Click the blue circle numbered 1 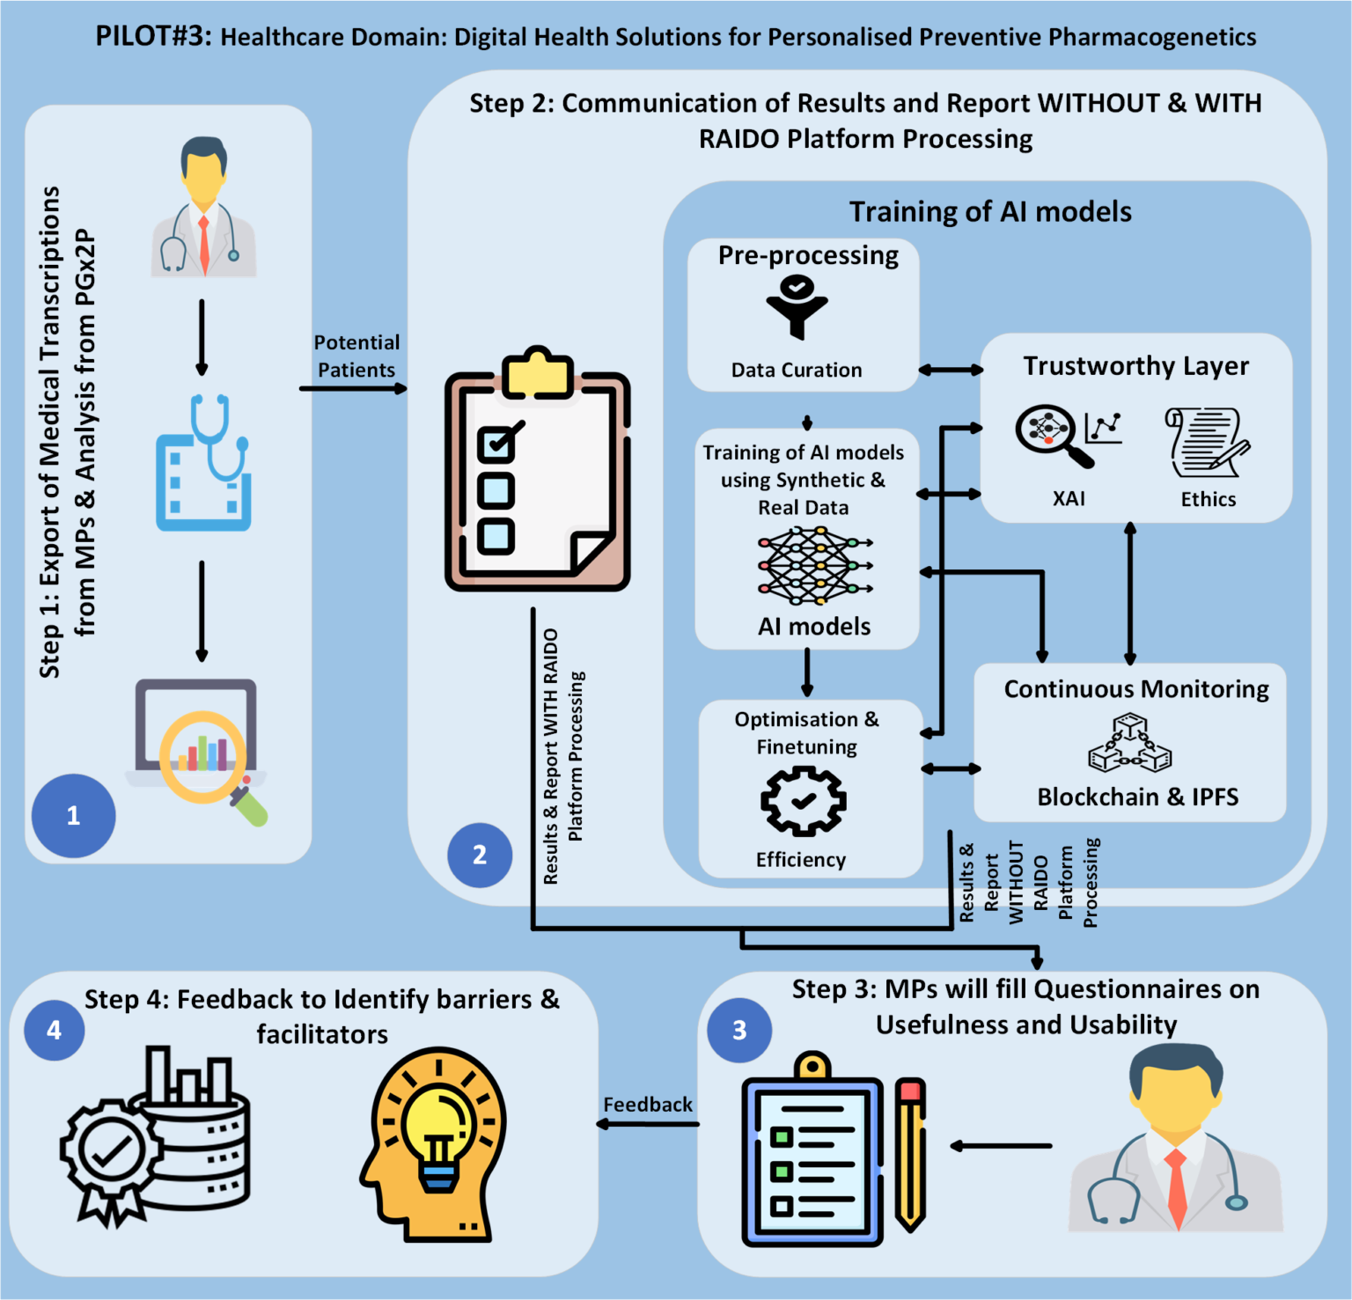point(73,815)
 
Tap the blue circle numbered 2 point(480,855)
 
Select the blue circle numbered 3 point(739,1030)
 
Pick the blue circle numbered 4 point(55,1030)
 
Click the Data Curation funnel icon point(797,306)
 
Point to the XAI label point(1069,499)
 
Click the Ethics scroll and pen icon point(1207,442)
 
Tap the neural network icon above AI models point(813,566)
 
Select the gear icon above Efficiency point(803,800)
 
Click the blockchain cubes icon point(1129,745)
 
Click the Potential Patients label point(356,356)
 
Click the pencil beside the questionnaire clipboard point(910,1153)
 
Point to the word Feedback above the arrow point(648,1105)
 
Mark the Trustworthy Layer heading point(1135,366)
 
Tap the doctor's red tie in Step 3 point(1176,1188)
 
